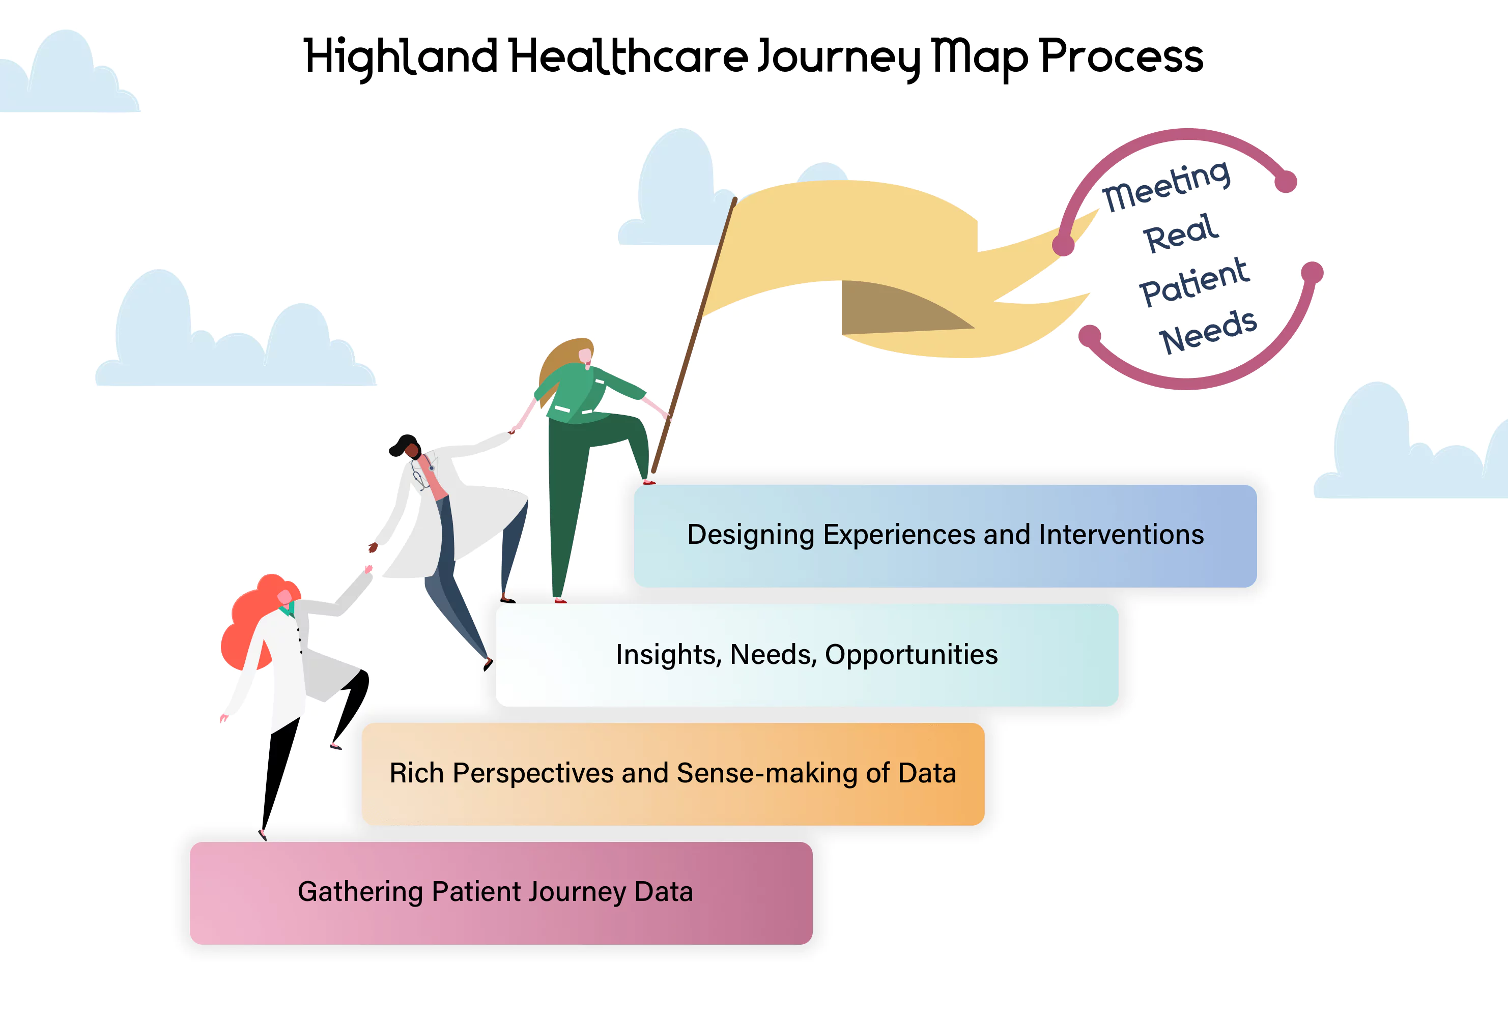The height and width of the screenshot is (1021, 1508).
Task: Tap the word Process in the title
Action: [x=1121, y=56]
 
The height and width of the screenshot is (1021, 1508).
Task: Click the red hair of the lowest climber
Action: [x=250, y=623]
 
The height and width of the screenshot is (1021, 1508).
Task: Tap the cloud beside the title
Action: [x=65, y=75]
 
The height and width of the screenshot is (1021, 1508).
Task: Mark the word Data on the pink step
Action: [x=663, y=892]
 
